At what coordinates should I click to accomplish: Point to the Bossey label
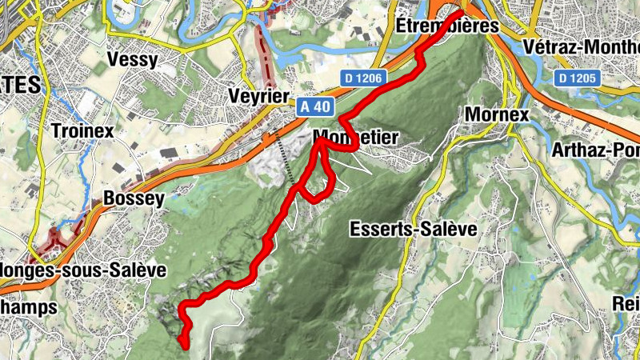point(134,198)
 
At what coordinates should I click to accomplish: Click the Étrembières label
point(448,26)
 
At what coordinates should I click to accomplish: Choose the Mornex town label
point(497,114)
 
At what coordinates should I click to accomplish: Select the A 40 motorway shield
point(315,106)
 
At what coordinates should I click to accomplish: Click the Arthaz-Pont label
point(595,150)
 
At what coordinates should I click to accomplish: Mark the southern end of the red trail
point(186,346)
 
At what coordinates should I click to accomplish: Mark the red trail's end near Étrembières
point(461,13)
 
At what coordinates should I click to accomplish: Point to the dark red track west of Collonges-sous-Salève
point(52,242)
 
